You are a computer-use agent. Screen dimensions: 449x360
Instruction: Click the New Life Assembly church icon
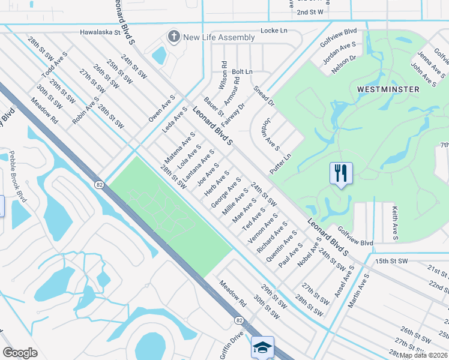[174, 37]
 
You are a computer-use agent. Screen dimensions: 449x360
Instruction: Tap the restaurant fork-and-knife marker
[341, 174]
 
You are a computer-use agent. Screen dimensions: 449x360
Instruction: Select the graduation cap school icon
[263, 348]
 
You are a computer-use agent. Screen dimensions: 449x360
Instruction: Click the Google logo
[20, 353]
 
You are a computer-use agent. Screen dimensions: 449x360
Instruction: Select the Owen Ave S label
[161, 109]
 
